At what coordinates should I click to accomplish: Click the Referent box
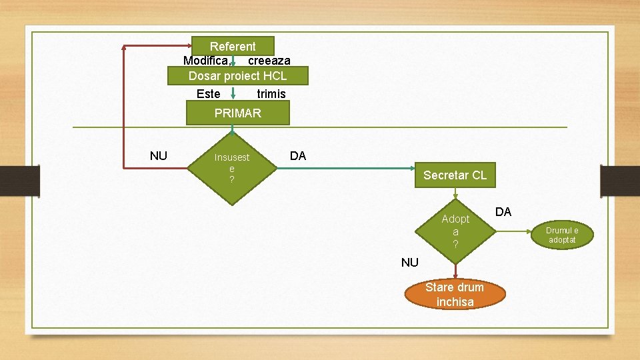pyautogui.click(x=233, y=46)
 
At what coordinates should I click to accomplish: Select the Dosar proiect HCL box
pyautogui.click(x=237, y=76)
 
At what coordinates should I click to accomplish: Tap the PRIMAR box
pyautogui.click(x=237, y=113)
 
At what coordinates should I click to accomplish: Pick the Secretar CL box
pyautogui.click(x=455, y=175)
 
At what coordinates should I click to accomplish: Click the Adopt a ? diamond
pyautogui.click(x=455, y=231)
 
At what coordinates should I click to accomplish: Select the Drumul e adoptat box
pyautogui.click(x=562, y=234)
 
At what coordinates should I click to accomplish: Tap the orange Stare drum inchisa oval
pyautogui.click(x=455, y=295)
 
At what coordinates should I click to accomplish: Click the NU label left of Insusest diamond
pyautogui.click(x=159, y=156)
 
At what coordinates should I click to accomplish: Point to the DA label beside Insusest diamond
pyautogui.click(x=298, y=156)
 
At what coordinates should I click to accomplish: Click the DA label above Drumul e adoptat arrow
pyautogui.click(x=503, y=212)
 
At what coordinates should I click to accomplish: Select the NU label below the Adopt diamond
pyautogui.click(x=410, y=263)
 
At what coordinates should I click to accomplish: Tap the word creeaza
pyautogui.click(x=269, y=61)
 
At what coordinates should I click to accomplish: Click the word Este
pyautogui.click(x=209, y=94)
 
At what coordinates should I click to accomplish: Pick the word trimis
pyautogui.click(x=271, y=94)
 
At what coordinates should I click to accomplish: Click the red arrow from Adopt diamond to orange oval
pyautogui.click(x=455, y=269)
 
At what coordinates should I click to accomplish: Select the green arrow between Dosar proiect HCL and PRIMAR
pyautogui.click(x=233, y=94)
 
